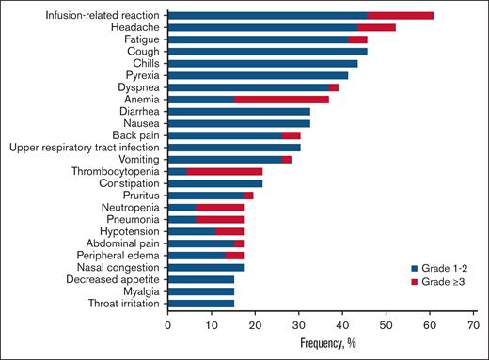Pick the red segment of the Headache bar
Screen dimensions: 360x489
pyautogui.click(x=382, y=28)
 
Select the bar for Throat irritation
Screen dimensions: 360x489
pyautogui.click(x=200, y=304)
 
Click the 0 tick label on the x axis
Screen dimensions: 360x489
pyautogui.click(x=167, y=324)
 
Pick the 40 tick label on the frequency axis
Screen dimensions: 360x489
pyautogui.click(x=341, y=324)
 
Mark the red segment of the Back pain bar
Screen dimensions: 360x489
pyautogui.click(x=291, y=135)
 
